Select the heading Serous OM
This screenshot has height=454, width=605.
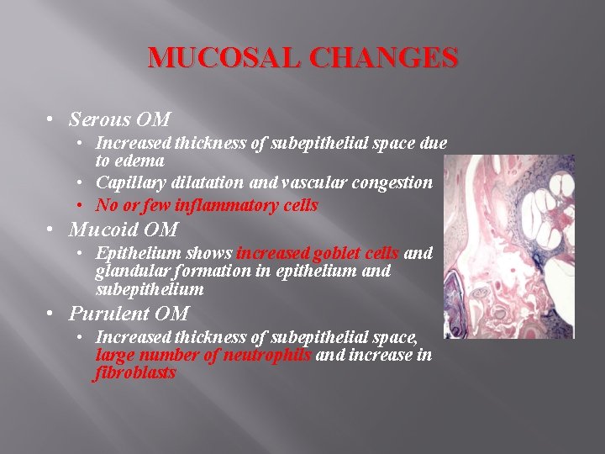tap(119, 119)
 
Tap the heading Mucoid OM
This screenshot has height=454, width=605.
tap(124, 229)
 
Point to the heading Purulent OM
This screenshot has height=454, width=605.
tap(129, 314)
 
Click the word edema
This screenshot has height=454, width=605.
tap(140, 160)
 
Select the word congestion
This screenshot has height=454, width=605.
tap(396, 182)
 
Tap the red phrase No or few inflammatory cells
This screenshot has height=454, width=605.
tap(207, 205)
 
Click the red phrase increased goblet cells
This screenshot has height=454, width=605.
tap(318, 253)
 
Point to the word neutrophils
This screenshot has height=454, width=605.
tap(269, 355)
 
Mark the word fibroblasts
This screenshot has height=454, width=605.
tap(135, 372)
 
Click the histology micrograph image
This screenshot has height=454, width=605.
tap(509, 246)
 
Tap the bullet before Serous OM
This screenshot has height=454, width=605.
tap(51, 119)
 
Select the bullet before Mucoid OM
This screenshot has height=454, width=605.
tap(51, 229)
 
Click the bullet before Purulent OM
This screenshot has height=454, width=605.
tap(51, 314)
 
